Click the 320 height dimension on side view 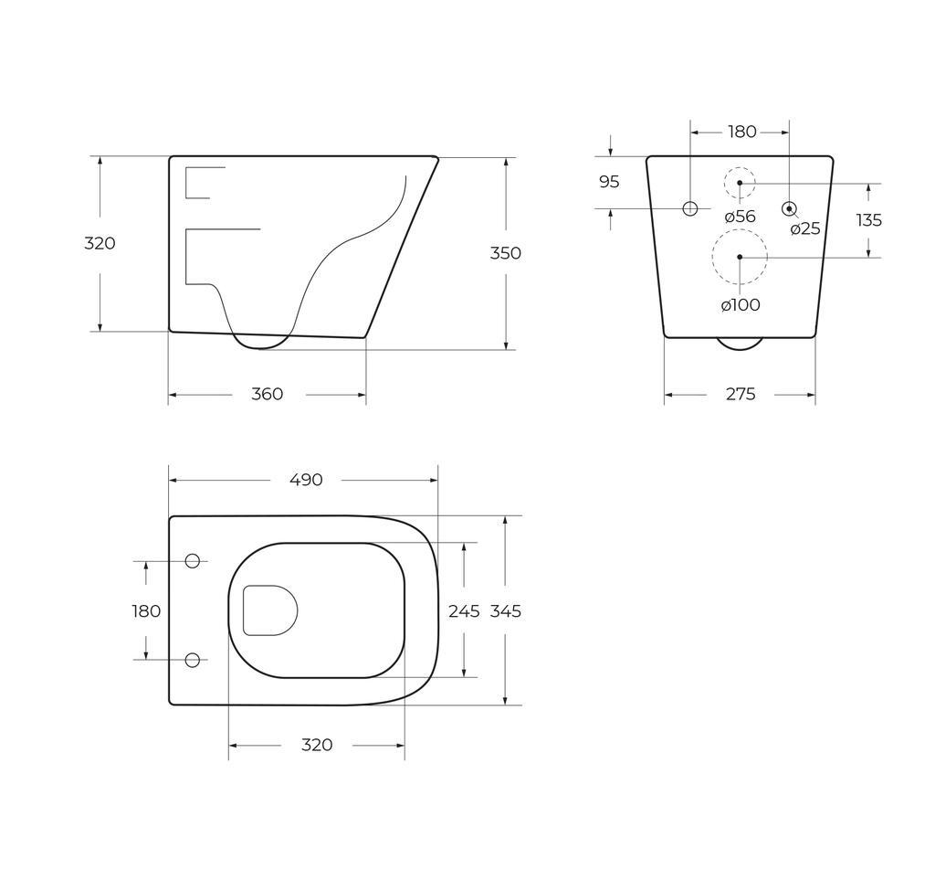pyautogui.click(x=100, y=243)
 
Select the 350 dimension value pyautogui.click(x=505, y=253)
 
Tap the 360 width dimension pyautogui.click(x=267, y=394)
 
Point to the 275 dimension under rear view pyautogui.click(x=741, y=394)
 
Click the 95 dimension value pyautogui.click(x=609, y=182)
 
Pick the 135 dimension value pyautogui.click(x=868, y=220)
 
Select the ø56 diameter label pyautogui.click(x=740, y=217)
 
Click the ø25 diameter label pyautogui.click(x=805, y=228)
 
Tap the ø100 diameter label pyautogui.click(x=740, y=305)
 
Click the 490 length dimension pyautogui.click(x=306, y=480)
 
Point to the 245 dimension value pyautogui.click(x=464, y=611)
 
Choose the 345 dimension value pyautogui.click(x=505, y=611)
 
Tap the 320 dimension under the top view pyautogui.click(x=317, y=745)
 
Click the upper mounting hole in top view pyautogui.click(x=193, y=560)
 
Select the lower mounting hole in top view pyautogui.click(x=193, y=660)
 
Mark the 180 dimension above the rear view pyautogui.click(x=741, y=132)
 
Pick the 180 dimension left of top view pyautogui.click(x=146, y=611)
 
